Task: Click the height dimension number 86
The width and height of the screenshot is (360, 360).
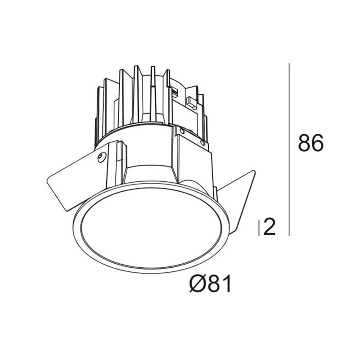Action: coord(310,143)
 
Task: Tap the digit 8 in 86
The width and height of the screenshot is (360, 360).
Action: coord(304,143)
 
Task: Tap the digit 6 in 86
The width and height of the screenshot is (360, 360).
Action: coord(317,143)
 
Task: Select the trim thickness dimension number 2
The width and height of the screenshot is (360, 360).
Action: coord(269,227)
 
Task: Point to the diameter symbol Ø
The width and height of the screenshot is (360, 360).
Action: coord(196,283)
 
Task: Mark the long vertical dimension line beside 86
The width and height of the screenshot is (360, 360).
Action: coord(289,149)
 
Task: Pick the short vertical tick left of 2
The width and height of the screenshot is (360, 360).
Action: coord(259,228)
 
